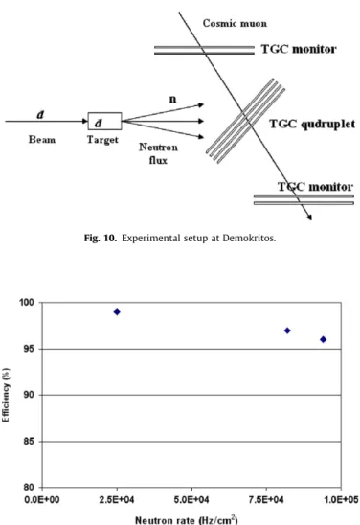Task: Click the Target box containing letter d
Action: pyautogui.click(x=104, y=122)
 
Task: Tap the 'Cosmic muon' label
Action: pyautogui.click(x=235, y=23)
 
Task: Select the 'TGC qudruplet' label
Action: pyautogui.click(x=312, y=124)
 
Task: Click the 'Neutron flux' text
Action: pyautogui.click(x=158, y=153)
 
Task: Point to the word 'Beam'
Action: pyautogui.click(x=42, y=139)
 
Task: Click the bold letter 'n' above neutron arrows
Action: pyautogui.click(x=172, y=99)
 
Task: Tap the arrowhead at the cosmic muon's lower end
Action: pyautogui.click(x=309, y=217)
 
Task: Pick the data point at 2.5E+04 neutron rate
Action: pyautogui.click(x=117, y=312)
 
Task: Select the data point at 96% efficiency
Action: pyautogui.click(x=323, y=339)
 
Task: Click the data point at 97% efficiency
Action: pyautogui.click(x=287, y=331)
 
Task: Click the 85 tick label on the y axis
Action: pyautogui.click(x=29, y=442)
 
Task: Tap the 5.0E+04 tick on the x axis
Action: pyautogui.click(x=191, y=499)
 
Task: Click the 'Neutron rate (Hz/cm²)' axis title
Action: pyautogui.click(x=187, y=519)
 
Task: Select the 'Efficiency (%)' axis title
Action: pyautogui.click(x=6, y=395)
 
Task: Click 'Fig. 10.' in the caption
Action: pyautogui.click(x=101, y=238)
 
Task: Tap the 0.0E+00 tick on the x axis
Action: pyautogui.click(x=42, y=499)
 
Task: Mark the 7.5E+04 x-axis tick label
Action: pyautogui.click(x=266, y=499)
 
